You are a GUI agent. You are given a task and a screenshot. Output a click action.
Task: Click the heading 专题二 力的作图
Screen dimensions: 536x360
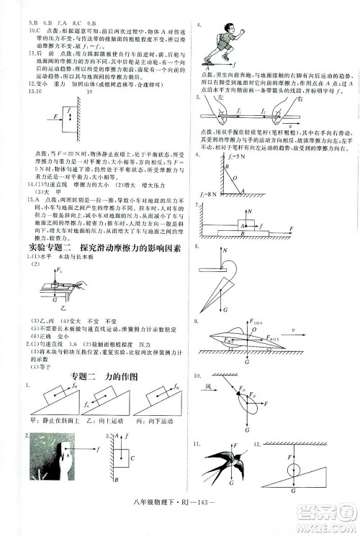click(x=104, y=376)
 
